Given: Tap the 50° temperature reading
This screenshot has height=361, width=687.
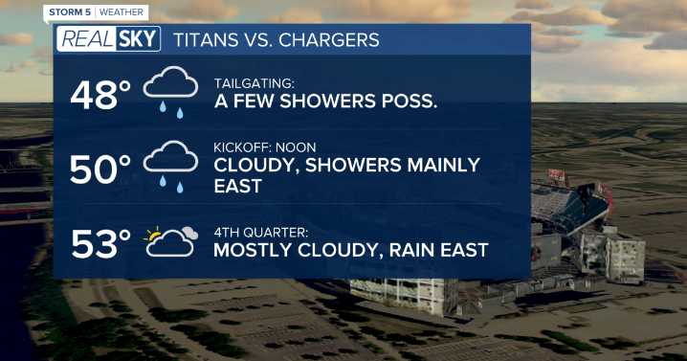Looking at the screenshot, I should pos(100,169).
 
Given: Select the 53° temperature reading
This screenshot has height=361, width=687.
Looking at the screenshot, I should pos(100,245).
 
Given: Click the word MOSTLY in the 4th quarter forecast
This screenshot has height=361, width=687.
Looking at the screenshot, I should pos(255,251).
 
